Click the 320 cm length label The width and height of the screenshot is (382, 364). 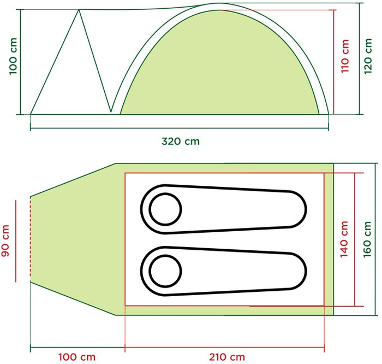(x=181, y=142)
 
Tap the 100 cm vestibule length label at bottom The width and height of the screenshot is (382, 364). (x=76, y=357)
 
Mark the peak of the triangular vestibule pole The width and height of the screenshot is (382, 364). (x=80, y=9)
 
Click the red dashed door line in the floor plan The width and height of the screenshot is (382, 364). (x=31, y=240)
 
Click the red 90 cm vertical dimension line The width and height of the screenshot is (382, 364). (x=17, y=240)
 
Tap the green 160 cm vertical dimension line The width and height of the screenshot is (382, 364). (x=377, y=239)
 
